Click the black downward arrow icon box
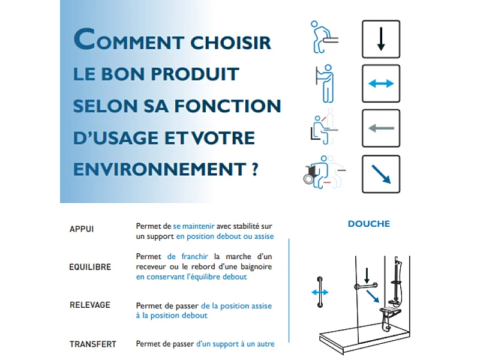(380, 40)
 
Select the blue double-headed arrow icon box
(380, 83)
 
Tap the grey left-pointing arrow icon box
(380, 128)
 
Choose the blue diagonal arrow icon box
(380, 174)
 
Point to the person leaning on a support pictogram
(324, 37)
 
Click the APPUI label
(82, 229)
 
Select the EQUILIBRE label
(90, 267)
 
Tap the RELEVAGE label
(90, 305)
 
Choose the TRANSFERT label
(93, 344)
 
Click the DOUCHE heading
(368, 224)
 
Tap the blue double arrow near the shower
(320, 292)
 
